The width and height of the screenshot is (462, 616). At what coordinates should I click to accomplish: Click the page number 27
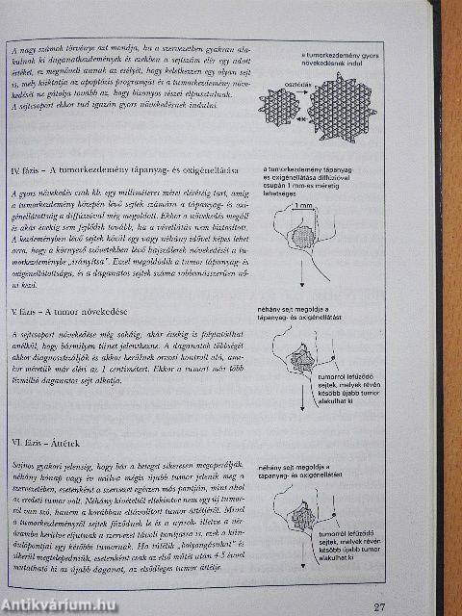tap(380, 605)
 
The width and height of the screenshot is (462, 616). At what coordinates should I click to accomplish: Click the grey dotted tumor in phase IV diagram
tap(303, 236)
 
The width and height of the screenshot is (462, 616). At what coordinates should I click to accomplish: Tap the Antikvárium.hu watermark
tap(59, 605)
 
